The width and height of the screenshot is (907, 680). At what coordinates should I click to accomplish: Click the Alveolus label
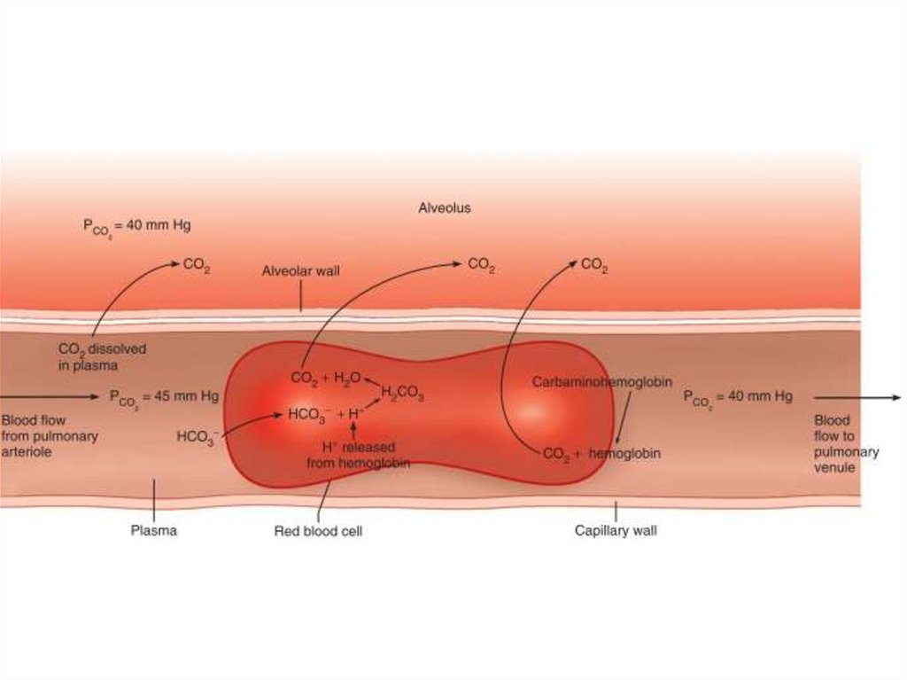tap(444, 208)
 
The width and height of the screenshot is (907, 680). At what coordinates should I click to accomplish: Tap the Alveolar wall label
tap(300, 271)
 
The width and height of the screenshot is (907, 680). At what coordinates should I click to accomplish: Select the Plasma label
tap(154, 531)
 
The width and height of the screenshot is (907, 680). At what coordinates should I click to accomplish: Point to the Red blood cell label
tap(318, 532)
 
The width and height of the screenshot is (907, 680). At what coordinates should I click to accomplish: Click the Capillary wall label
tap(616, 532)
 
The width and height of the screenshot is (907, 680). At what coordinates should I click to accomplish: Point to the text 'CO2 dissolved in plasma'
tap(102, 356)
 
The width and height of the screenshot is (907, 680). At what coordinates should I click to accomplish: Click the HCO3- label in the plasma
tap(197, 437)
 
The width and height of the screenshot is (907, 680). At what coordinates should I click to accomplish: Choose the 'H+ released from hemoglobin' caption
tap(358, 455)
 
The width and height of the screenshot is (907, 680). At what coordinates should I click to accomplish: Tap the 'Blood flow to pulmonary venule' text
tap(845, 443)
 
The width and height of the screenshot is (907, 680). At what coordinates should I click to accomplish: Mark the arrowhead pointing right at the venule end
tap(896, 397)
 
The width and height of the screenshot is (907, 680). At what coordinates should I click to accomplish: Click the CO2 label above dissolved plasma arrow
tap(196, 264)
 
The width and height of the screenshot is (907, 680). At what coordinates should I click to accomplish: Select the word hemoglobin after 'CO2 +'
tap(624, 453)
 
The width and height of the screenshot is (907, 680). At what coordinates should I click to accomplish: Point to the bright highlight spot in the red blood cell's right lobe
tap(531, 411)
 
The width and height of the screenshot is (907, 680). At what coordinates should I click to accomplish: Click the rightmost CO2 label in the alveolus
tap(593, 264)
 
